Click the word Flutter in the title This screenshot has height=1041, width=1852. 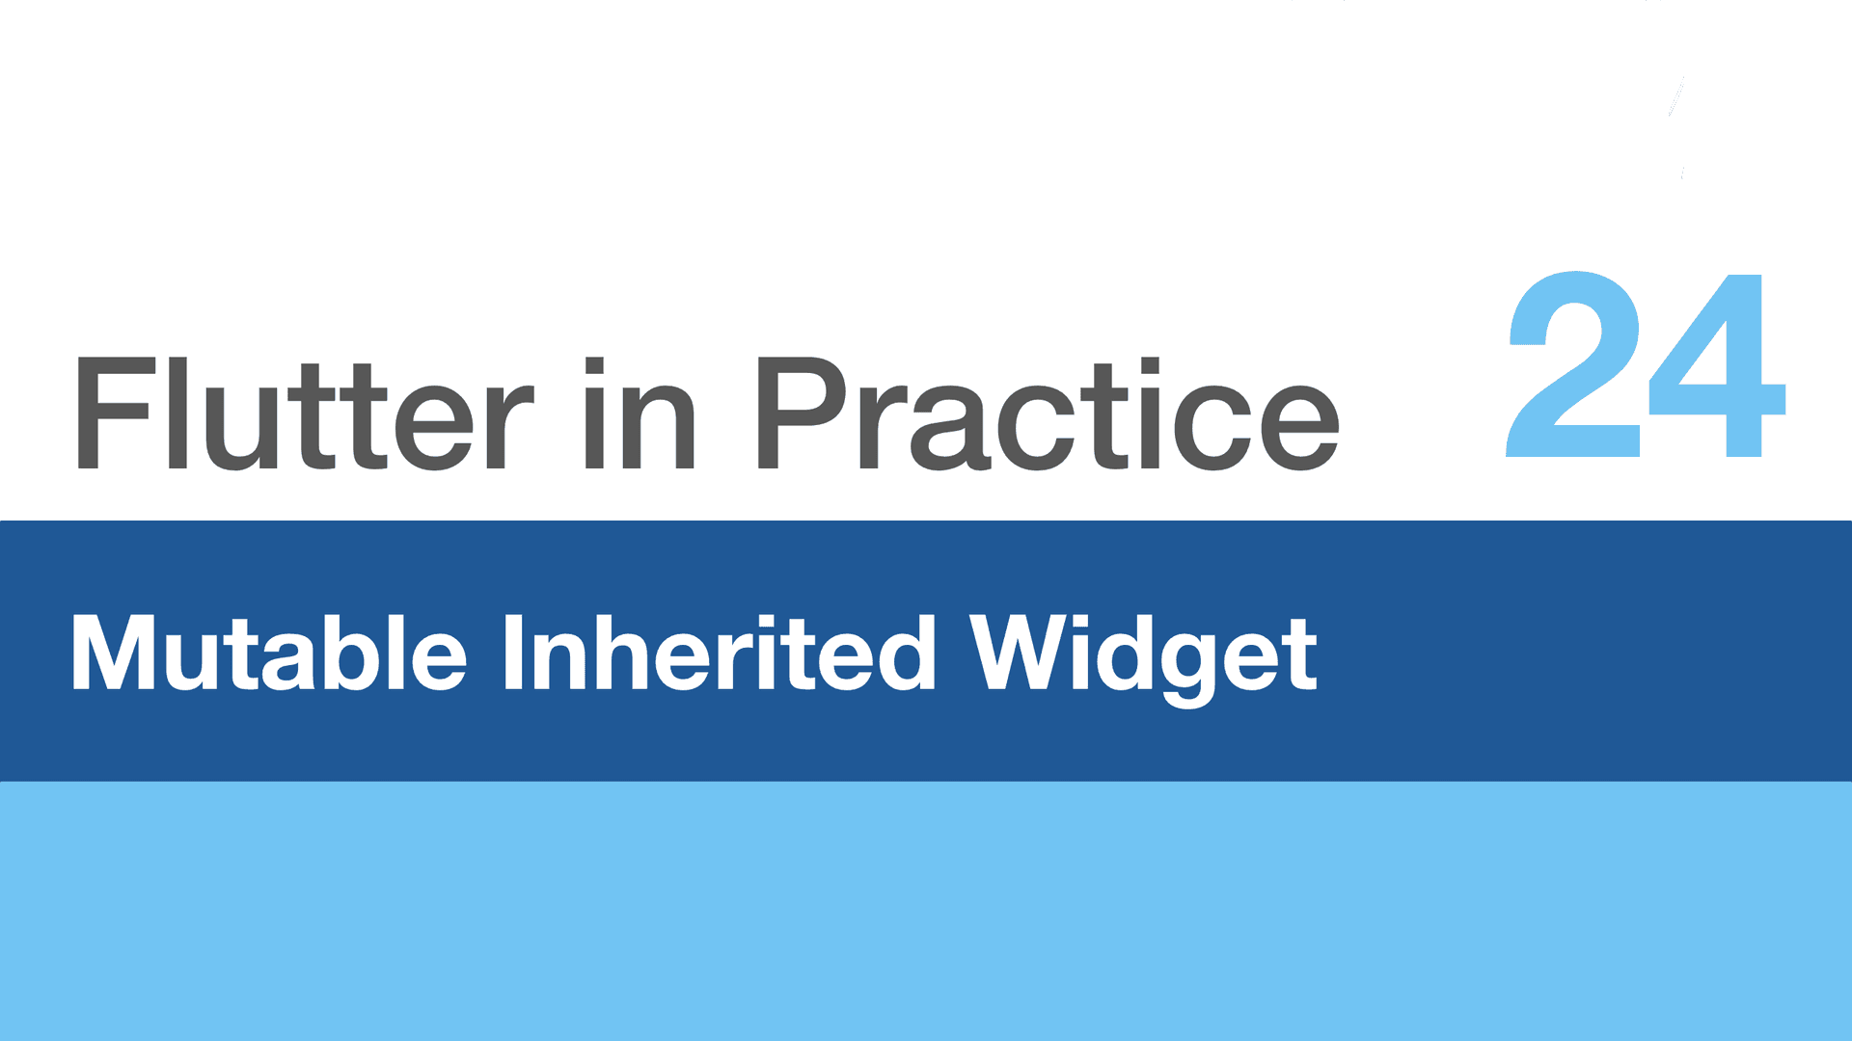point(303,414)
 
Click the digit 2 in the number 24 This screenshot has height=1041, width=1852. point(1574,364)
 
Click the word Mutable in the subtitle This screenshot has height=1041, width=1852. point(269,653)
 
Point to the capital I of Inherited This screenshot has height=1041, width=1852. point(514,653)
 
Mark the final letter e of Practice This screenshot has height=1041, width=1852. point(1298,428)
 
